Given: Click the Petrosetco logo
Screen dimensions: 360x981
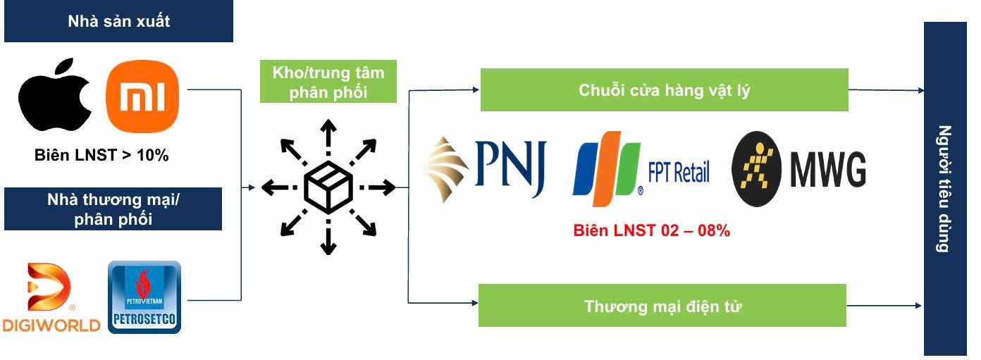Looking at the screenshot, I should pos(144,297).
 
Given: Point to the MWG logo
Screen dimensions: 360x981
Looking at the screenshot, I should pos(798,169).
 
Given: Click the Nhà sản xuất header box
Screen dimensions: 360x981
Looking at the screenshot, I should pos(118,21).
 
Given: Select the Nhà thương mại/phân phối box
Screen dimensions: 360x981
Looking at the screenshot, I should pos(113,209).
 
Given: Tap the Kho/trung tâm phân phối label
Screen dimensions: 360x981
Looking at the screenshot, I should pos(328,82).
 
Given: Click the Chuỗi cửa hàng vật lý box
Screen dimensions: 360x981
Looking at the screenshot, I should pos(664,89).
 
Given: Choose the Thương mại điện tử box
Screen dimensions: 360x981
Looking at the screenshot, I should pos(662,306).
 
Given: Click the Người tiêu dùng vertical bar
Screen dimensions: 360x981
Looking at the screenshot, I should pos(945,188).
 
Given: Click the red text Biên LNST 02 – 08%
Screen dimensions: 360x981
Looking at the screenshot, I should pos(651,230).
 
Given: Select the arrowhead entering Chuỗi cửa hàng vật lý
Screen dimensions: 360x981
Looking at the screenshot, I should pos(476,89).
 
